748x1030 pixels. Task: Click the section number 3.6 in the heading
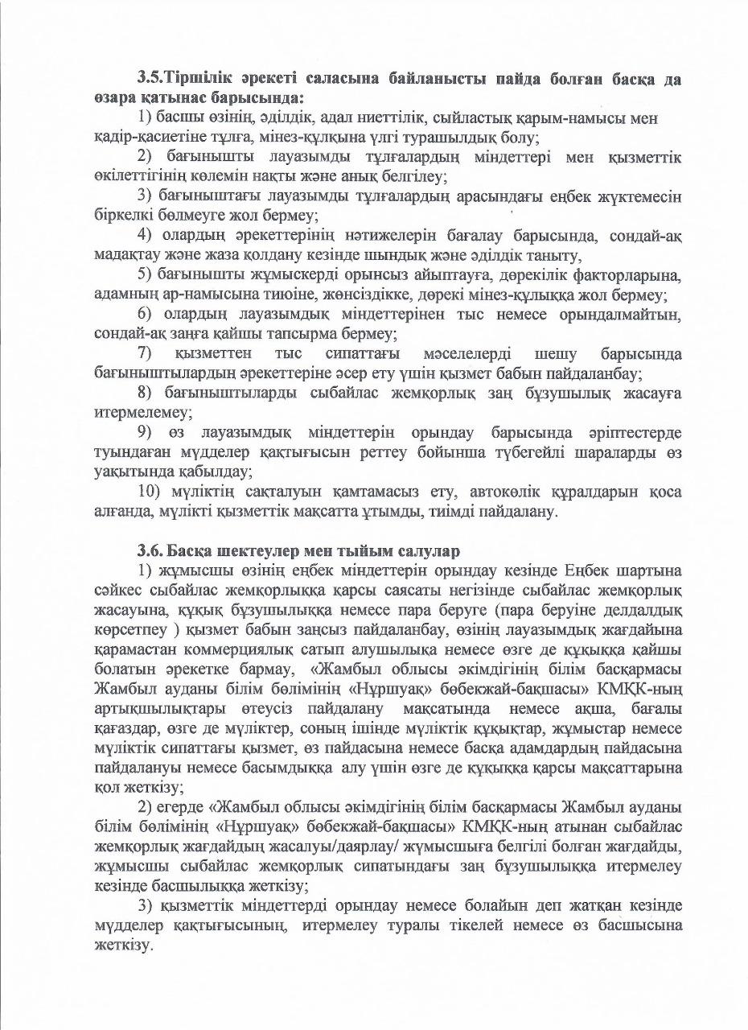150,551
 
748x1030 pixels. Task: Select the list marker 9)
146,432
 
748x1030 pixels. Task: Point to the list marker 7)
146,354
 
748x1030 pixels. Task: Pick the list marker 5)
145,276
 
